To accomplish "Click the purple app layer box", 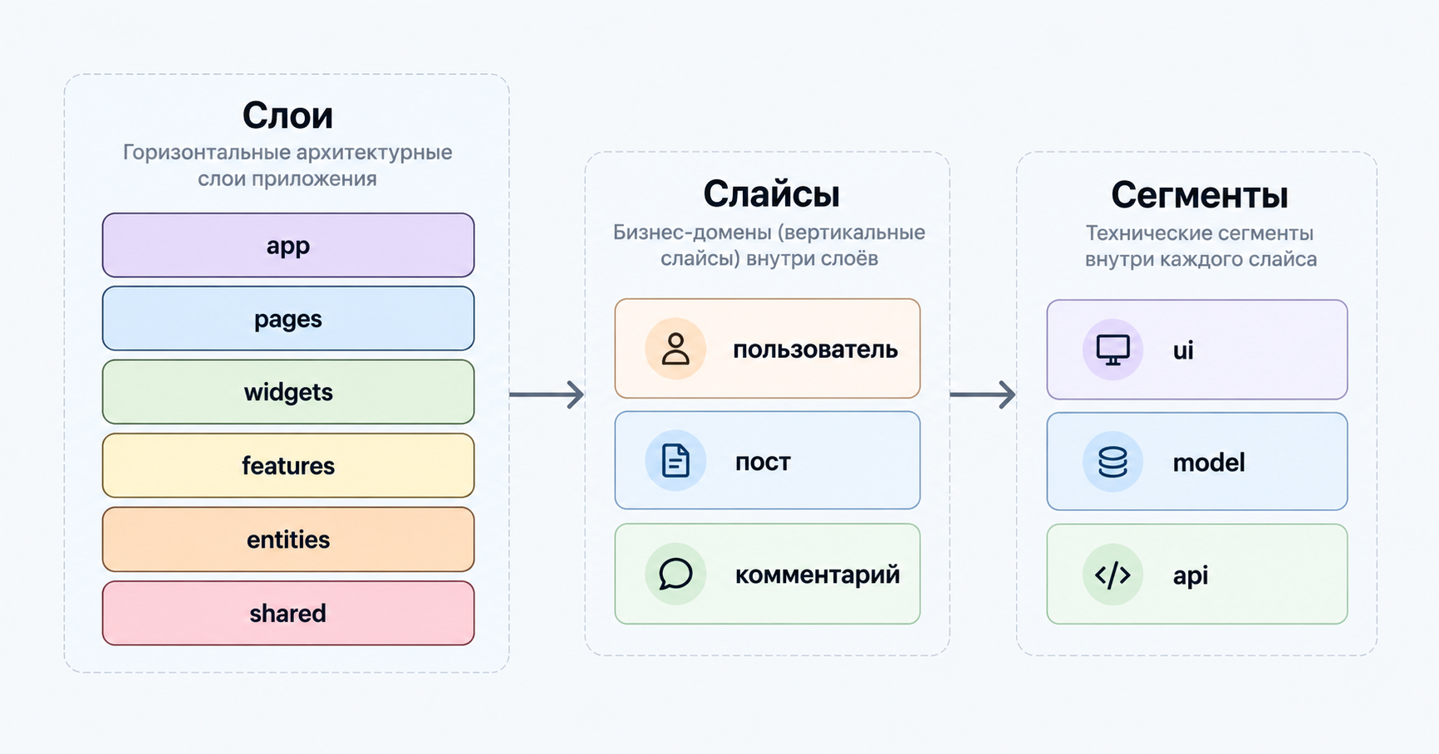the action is tap(288, 245).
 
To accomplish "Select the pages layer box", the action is tap(288, 319).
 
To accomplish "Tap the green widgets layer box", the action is tap(288, 392).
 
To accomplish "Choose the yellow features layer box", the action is tap(288, 466).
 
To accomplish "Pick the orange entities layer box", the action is tap(288, 540).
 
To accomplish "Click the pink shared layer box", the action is tap(288, 614).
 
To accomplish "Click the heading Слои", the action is tap(287, 115).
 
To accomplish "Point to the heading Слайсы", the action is tap(771, 195).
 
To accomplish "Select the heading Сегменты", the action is tap(1199, 196).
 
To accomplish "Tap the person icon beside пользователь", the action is tap(675, 350).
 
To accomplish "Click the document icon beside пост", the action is tap(675, 461).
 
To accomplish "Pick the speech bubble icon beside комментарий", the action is tap(675, 574).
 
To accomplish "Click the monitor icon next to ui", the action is tap(1112, 350).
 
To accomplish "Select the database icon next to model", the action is tap(1112, 462).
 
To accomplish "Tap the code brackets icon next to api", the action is tap(1112, 575).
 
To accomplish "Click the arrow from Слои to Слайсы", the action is tap(547, 394).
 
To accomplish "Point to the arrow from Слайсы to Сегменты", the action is tap(983, 394).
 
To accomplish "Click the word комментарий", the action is tap(818, 575).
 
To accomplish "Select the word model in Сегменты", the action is tap(1209, 463).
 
